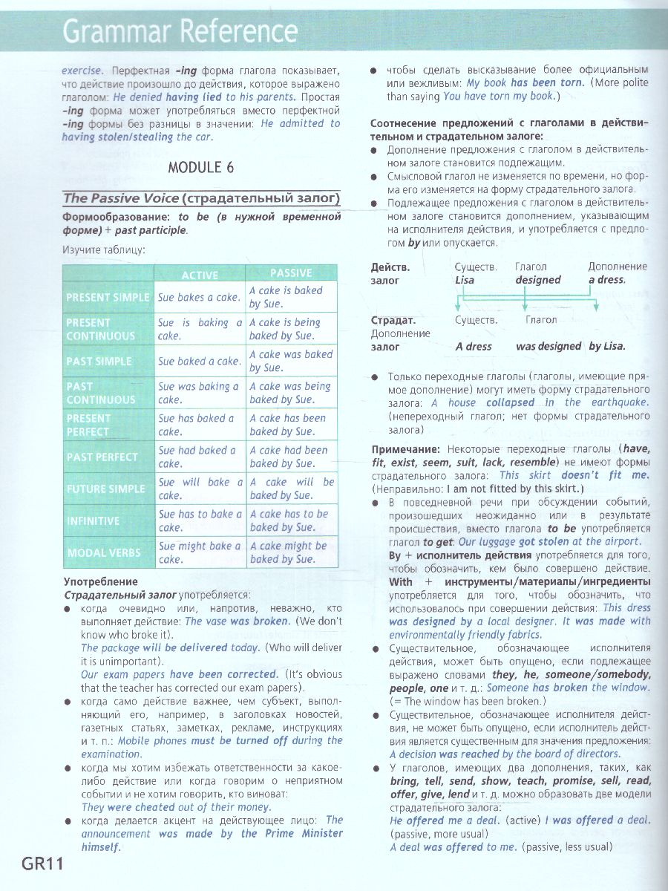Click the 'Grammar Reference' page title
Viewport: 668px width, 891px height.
point(180,32)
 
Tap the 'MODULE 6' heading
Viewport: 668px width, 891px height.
point(200,167)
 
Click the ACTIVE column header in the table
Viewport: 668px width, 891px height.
point(200,275)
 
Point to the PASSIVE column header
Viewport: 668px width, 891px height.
point(291,273)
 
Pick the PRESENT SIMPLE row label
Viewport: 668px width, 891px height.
point(108,297)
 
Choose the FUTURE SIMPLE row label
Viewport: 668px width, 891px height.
point(106,489)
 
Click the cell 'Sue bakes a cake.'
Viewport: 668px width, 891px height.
point(199,297)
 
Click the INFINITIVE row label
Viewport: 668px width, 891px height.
point(93,520)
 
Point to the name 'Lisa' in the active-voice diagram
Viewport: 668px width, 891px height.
point(465,280)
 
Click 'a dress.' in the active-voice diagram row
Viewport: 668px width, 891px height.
point(606,280)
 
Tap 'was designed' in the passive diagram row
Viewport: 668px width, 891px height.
point(548,346)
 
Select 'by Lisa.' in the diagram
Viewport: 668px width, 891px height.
point(606,346)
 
